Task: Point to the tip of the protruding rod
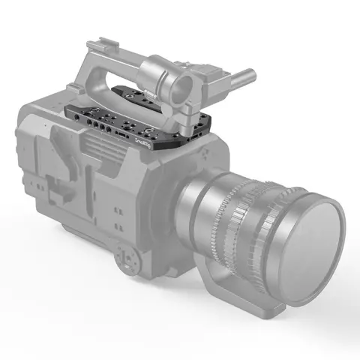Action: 250,75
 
